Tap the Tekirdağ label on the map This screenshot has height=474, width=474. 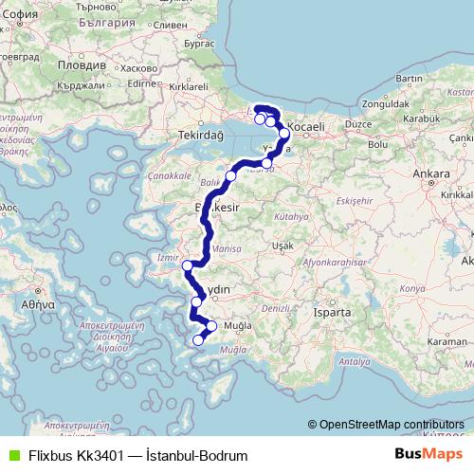(x=201, y=136)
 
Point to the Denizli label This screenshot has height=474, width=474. (x=275, y=309)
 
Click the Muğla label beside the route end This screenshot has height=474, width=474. (x=235, y=325)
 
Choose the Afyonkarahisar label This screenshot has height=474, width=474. (x=337, y=263)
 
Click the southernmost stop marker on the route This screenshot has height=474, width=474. (x=198, y=340)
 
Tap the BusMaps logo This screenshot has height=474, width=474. (x=429, y=454)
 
